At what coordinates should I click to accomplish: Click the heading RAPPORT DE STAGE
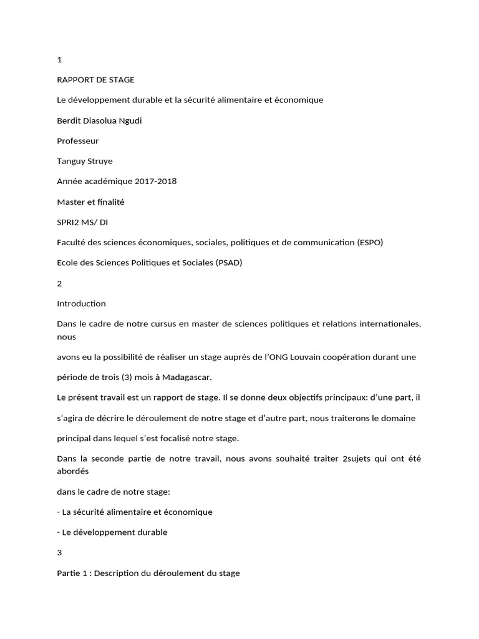[x=95, y=80]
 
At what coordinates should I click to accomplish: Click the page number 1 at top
[x=59, y=60]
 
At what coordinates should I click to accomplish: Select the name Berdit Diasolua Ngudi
[x=99, y=120]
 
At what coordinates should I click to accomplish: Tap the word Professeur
[x=78, y=141]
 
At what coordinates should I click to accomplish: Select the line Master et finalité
[x=91, y=202]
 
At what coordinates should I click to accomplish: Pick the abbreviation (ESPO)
[x=367, y=242]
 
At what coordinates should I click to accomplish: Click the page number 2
[x=59, y=283]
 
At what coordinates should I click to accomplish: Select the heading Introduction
[x=81, y=304]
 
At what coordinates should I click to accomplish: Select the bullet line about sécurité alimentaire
[x=134, y=512]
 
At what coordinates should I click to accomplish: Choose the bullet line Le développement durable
[x=112, y=532]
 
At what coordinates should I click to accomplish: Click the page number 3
[x=59, y=553]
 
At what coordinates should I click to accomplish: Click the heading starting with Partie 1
[x=148, y=573]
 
